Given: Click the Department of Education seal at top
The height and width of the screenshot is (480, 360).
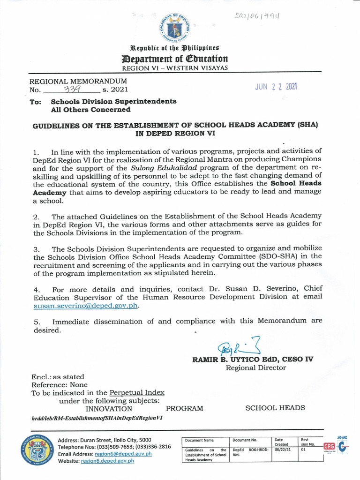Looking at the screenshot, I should coord(175,27).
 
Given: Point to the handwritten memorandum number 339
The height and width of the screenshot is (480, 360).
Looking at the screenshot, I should coord(69,89).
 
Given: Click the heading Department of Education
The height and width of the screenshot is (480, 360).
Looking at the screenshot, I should coord(175,59).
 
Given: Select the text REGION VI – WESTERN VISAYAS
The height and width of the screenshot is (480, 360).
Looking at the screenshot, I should coord(175,68).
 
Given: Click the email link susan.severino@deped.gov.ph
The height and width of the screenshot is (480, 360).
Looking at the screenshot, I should coord(86,305).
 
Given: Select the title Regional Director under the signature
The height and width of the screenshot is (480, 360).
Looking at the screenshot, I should coord(256,368).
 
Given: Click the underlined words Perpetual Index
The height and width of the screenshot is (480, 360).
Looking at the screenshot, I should coord(137,392).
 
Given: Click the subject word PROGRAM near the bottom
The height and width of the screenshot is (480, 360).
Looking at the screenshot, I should coord(184,408).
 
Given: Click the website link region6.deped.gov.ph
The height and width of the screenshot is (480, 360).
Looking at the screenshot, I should coord(107,461).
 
